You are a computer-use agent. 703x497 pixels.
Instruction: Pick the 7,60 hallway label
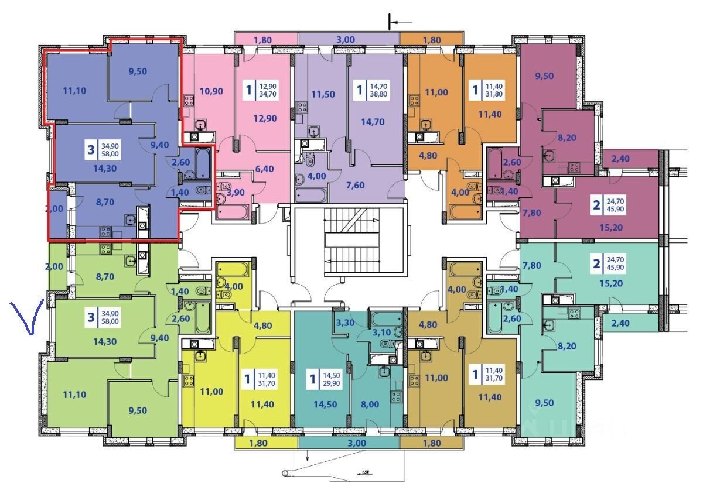click(372, 186)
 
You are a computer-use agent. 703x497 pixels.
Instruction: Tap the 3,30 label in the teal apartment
click(345, 322)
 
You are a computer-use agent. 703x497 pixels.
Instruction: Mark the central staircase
click(349, 240)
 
